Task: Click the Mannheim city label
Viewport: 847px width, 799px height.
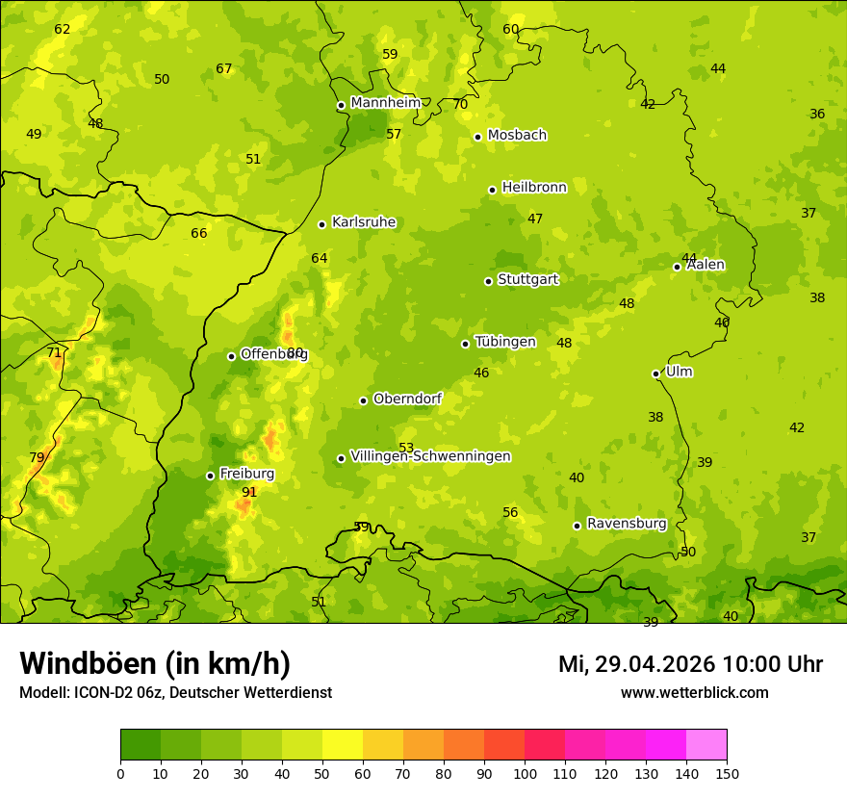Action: click(x=385, y=103)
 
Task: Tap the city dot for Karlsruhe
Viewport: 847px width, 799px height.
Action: click(x=321, y=224)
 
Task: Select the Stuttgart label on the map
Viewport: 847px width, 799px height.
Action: click(x=527, y=280)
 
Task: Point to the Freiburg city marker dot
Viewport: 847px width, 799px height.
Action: click(x=210, y=476)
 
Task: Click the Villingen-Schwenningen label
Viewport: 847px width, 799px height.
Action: click(x=430, y=456)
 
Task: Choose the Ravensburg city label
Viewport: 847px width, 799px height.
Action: click(x=627, y=524)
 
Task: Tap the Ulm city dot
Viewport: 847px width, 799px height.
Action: click(x=656, y=374)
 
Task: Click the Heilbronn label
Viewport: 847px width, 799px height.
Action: click(x=534, y=188)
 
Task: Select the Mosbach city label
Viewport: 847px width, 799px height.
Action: click(x=517, y=136)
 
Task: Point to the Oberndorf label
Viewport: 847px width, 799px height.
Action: click(x=407, y=399)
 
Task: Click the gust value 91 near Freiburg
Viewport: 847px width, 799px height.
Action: click(x=249, y=492)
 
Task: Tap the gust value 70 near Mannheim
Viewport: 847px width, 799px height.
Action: click(x=460, y=104)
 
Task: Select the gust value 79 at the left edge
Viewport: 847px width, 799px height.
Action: click(x=37, y=457)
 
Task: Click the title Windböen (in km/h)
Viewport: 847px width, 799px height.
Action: click(x=155, y=663)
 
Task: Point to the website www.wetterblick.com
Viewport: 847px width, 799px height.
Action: click(x=694, y=692)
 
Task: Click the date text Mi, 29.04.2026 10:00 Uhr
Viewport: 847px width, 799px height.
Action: click(x=690, y=664)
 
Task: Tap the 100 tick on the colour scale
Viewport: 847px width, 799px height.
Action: click(x=525, y=773)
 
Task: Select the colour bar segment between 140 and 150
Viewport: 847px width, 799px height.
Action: click(x=706, y=745)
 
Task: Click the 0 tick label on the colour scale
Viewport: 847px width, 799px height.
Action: click(x=120, y=773)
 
